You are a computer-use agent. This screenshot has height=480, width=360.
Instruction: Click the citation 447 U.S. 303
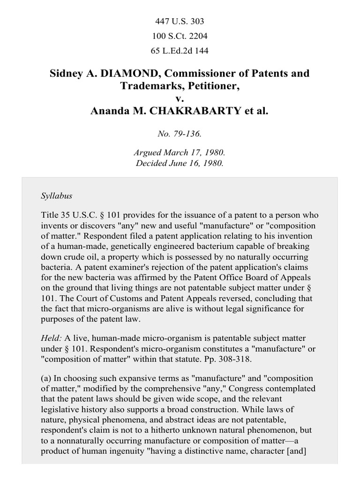(x=180, y=21)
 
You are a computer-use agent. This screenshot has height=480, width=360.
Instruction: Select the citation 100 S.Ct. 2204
(x=180, y=36)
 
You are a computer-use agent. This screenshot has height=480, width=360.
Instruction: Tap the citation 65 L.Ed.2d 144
(x=180, y=50)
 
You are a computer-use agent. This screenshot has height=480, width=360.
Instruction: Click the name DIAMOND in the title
(x=118, y=74)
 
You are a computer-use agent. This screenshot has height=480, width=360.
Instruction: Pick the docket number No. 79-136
(x=180, y=134)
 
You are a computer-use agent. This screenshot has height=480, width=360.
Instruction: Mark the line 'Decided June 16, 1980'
(x=180, y=164)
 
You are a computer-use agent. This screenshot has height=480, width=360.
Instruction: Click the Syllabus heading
(x=56, y=196)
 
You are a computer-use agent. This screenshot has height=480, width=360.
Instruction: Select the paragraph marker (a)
(x=47, y=378)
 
